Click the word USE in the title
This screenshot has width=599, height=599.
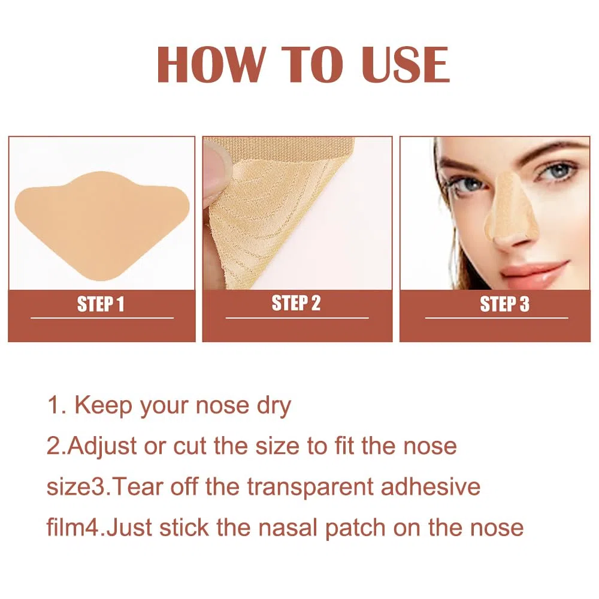[406, 64]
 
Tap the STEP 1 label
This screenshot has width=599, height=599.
[101, 304]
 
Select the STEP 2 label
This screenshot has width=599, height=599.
[296, 303]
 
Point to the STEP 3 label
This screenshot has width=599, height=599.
[504, 304]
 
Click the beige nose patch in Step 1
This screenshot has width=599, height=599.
[102, 225]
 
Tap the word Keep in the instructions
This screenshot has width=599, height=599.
[103, 406]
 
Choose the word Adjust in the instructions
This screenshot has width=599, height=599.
[102, 447]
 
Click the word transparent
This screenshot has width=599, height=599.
[310, 487]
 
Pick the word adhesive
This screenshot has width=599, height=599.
[431, 486]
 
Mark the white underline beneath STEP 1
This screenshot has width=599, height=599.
[102, 318]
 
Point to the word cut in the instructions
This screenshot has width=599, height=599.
[190, 446]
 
